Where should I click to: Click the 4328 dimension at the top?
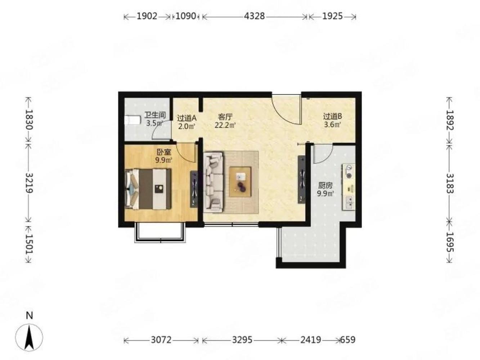point(254,17)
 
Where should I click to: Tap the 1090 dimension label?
point(186,17)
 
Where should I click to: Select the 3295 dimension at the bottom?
point(242,340)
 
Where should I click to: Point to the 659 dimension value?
point(348,340)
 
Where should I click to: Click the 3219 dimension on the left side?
point(29,183)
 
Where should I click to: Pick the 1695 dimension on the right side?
point(450,242)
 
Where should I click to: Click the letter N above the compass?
point(29,316)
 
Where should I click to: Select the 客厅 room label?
point(225,117)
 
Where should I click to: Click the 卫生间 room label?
point(155,115)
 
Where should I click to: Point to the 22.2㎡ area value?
point(225,126)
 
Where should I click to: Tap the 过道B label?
point(332,116)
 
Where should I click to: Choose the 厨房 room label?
point(325,185)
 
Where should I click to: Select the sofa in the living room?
point(214,182)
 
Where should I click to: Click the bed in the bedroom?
point(148,189)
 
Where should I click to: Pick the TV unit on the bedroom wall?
point(194,189)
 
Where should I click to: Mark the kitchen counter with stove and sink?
point(348,187)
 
